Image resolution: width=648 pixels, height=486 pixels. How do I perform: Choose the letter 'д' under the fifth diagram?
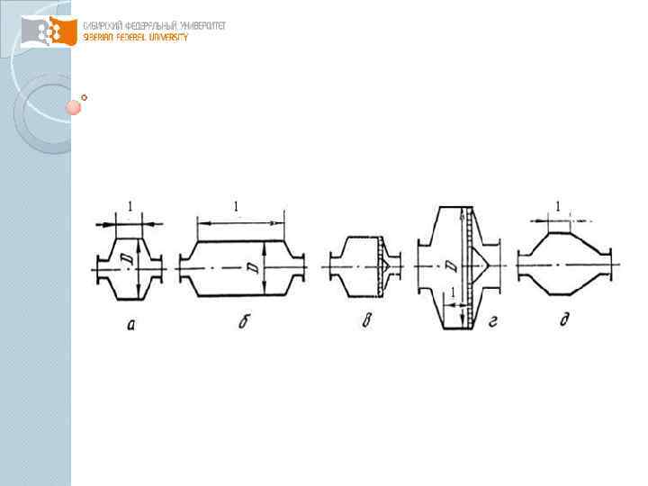pyautogui.click(x=562, y=320)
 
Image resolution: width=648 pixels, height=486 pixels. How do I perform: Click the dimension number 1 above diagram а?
pyautogui.click(x=130, y=208)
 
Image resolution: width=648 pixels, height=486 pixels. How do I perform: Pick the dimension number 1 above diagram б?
pyautogui.click(x=236, y=207)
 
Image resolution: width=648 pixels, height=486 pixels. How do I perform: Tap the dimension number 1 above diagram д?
pyautogui.click(x=558, y=206)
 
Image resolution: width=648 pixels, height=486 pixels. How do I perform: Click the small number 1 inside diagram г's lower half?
pyautogui.click(x=452, y=293)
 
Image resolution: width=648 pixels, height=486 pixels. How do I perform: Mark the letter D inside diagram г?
pyautogui.click(x=452, y=267)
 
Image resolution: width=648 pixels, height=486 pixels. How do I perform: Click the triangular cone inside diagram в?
pyautogui.click(x=388, y=266)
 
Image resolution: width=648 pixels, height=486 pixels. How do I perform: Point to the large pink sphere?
pyautogui.click(x=74, y=108)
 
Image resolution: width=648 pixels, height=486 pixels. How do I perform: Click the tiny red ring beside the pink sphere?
pyautogui.click(x=85, y=96)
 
